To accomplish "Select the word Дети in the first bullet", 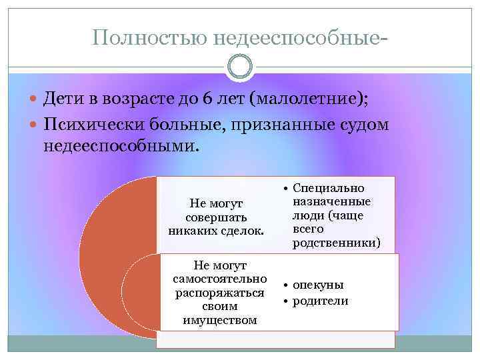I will point(63,100).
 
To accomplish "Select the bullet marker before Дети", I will point(35,101).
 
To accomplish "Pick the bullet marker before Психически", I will point(35,125).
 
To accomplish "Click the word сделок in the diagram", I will point(243,231).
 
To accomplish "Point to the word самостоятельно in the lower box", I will point(219,279).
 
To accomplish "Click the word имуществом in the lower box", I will point(219,320).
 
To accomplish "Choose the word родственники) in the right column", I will point(336,243).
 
